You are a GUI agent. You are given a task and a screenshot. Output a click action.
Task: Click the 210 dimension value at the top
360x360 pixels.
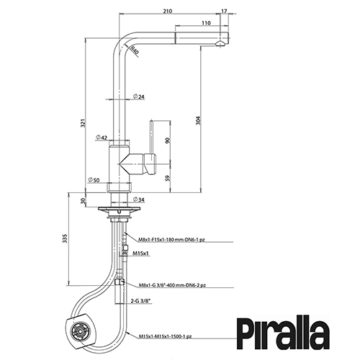coord(168,11)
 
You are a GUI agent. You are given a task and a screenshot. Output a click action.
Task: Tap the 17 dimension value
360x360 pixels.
coord(224,11)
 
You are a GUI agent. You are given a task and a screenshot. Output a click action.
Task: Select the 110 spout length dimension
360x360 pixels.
coord(206,23)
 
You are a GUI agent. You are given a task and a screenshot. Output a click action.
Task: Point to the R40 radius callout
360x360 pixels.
coord(135,51)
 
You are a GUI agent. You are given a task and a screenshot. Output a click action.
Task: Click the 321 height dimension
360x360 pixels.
coord(83,123)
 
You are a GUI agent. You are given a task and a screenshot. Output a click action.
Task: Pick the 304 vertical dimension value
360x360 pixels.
coord(198,120)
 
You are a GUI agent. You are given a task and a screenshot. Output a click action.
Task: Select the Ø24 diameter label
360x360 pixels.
coord(138,96)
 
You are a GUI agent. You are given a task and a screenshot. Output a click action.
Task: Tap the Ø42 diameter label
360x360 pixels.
coord(101,138)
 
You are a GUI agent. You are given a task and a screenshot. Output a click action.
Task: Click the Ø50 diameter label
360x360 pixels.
coord(94,180)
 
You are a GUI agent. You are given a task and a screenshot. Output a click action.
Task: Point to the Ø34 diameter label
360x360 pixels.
coord(139,199)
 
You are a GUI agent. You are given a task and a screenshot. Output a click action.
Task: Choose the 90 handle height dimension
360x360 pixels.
coord(168,140)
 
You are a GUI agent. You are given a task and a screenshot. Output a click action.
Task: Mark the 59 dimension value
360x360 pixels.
coord(168,178)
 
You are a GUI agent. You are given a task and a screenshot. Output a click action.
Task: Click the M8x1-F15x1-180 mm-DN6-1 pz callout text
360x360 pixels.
coord(171,240)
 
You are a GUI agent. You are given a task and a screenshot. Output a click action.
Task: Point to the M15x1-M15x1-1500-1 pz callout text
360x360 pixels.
coord(165,336)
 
